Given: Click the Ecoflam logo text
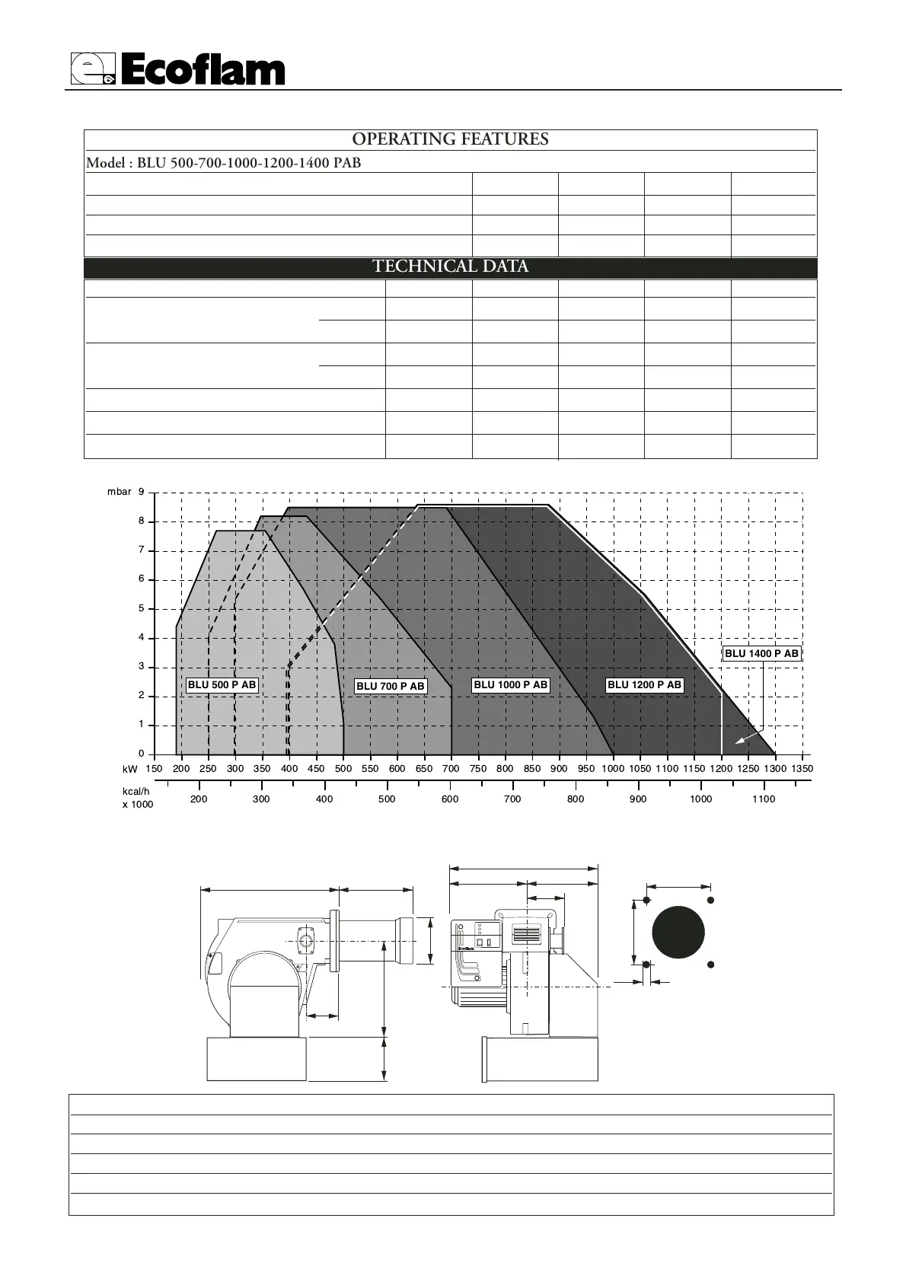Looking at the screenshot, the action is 203,70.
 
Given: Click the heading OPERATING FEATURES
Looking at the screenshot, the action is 450,139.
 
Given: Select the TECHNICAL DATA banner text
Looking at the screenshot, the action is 451,266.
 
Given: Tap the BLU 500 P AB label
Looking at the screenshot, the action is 222,684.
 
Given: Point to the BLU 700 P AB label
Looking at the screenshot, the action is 391,686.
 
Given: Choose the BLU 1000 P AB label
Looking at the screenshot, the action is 511,684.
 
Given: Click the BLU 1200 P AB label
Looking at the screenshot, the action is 644,684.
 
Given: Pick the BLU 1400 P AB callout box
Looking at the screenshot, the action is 761,654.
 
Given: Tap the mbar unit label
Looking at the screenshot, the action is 119,492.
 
